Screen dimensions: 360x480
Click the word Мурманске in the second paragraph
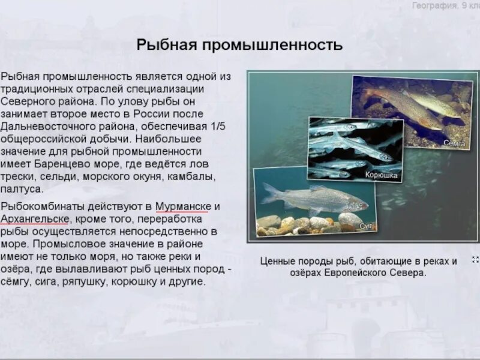point(183,206)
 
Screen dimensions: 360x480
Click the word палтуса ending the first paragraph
point(22,189)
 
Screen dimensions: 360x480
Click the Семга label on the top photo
point(454,143)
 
